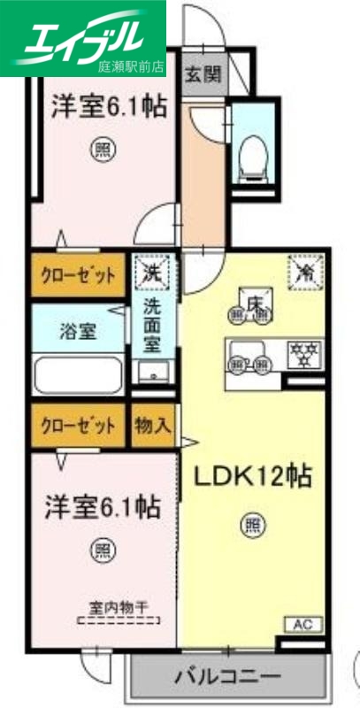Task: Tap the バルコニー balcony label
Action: point(228,679)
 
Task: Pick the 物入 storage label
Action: point(152,426)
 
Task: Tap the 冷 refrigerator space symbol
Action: point(306,272)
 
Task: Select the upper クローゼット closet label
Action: point(77,275)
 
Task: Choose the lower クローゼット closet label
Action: point(77,426)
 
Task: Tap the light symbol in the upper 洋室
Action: point(103,151)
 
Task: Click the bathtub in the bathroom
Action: point(78,375)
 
